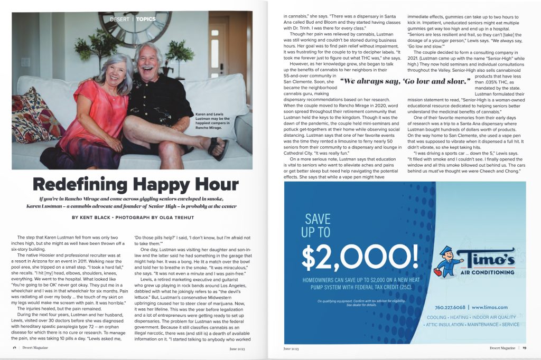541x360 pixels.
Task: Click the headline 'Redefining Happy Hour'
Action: coord(135,184)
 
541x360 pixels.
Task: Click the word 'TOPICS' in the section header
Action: coord(146,20)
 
